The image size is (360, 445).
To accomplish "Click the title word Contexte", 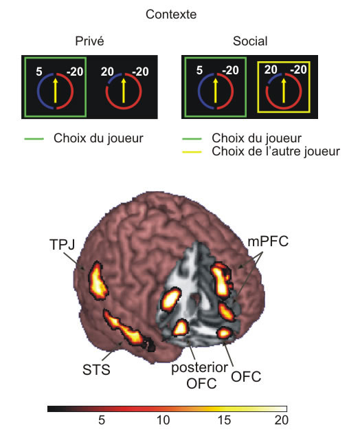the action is click(x=171, y=14).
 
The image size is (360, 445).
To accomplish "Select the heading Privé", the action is click(x=89, y=41).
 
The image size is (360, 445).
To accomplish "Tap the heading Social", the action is click(x=250, y=41).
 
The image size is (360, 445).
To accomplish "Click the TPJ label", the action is click(x=63, y=244).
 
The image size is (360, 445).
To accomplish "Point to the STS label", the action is click(x=96, y=370).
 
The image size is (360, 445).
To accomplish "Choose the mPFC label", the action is click(x=268, y=242).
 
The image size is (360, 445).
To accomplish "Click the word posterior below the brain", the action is click(x=199, y=368).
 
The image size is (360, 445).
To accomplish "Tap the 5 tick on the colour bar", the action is click(x=102, y=420).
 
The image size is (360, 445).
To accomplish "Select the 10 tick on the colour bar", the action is click(x=164, y=420).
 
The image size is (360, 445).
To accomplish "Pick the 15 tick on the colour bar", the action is click(x=224, y=420).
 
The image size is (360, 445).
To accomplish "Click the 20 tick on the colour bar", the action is click(x=281, y=420).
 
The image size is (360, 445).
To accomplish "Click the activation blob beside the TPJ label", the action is click(x=98, y=281).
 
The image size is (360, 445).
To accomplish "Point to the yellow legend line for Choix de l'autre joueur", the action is click(x=192, y=152).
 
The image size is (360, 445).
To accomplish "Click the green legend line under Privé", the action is click(x=34, y=139).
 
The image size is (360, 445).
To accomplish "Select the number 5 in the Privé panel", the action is click(x=39, y=72).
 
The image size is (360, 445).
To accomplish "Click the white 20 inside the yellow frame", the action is click(x=271, y=70).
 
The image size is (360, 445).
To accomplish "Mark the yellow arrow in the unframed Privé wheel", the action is click(x=123, y=91).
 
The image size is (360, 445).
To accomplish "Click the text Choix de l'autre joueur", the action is click(x=275, y=151).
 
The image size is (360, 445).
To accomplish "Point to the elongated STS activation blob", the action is click(x=125, y=329).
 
